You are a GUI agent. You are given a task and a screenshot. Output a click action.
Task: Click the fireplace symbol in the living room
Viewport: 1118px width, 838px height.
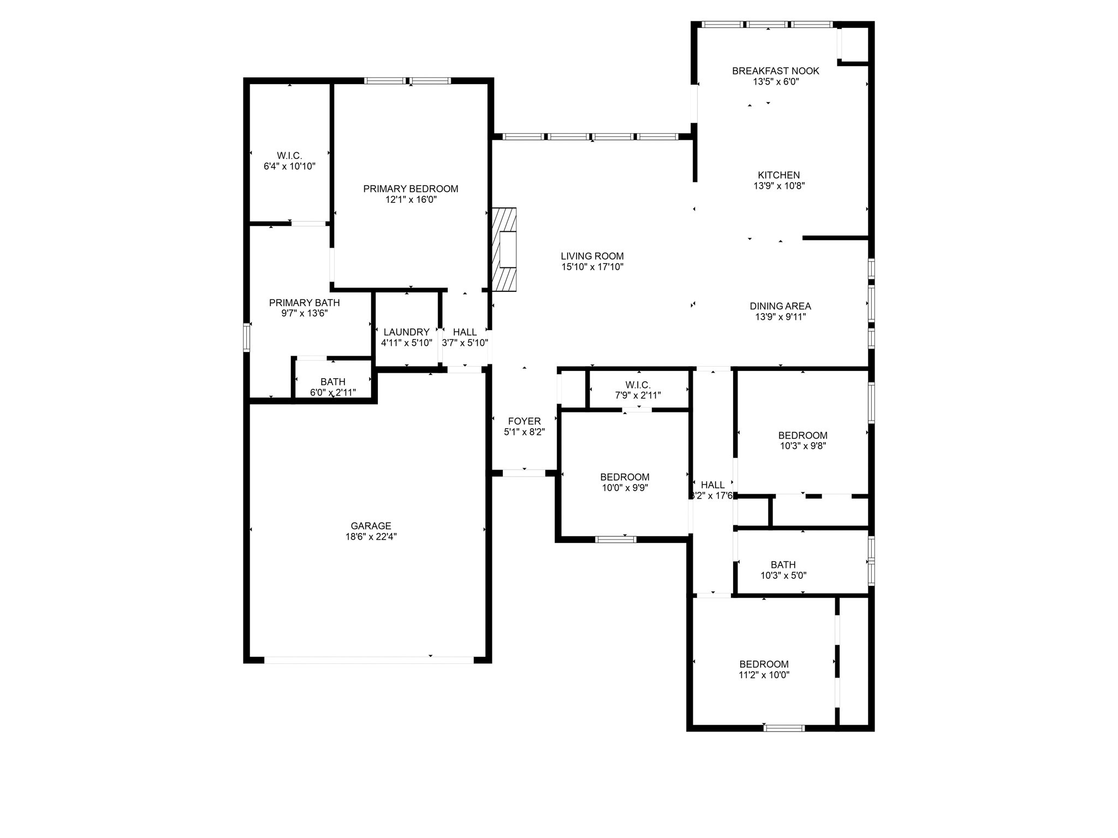click(x=504, y=249)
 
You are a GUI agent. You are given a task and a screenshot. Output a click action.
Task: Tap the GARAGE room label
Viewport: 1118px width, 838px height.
click(x=371, y=526)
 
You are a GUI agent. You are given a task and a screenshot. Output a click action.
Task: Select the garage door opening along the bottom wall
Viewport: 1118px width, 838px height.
click(x=369, y=660)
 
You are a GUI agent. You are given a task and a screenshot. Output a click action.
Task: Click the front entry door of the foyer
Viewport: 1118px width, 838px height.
click(x=524, y=473)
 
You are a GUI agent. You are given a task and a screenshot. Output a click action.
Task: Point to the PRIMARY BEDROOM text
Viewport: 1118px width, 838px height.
click(x=411, y=189)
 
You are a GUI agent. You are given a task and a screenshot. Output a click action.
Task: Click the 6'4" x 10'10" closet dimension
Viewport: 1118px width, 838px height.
click(x=289, y=166)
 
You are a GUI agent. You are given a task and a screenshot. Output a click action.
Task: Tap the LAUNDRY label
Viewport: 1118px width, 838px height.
click(x=406, y=332)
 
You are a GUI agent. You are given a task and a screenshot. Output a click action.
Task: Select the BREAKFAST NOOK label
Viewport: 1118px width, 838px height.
click(x=775, y=71)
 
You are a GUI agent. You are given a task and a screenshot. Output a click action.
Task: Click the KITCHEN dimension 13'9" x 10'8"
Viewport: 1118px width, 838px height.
click(x=779, y=185)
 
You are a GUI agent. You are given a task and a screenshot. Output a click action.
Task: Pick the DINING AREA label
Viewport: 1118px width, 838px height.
click(x=780, y=306)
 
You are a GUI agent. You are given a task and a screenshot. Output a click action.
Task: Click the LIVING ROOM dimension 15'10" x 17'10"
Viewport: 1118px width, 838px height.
click(x=592, y=267)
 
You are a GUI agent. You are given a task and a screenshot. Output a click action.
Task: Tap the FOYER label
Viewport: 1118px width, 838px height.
click(x=524, y=421)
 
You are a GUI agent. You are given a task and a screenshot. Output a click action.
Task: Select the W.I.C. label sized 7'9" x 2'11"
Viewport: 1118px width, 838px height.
click(x=638, y=385)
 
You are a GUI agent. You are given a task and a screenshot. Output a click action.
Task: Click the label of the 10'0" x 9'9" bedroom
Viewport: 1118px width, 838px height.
click(x=625, y=477)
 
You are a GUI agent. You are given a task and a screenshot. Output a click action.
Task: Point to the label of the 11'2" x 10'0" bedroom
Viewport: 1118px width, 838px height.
click(x=764, y=664)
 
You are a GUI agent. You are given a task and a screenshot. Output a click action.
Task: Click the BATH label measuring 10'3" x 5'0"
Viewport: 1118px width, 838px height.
click(x=783, y=565)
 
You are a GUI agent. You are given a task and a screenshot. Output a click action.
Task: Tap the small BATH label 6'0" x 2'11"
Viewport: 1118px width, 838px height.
click(x=332, y=382)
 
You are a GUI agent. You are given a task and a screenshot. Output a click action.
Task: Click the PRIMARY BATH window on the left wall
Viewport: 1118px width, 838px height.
click(x=247, y=337)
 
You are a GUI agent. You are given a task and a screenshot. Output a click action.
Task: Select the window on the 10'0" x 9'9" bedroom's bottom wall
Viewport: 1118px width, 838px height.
click(x=615, y=540)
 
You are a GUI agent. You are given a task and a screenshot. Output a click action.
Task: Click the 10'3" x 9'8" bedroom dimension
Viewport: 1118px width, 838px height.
click(x=802, y=446)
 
